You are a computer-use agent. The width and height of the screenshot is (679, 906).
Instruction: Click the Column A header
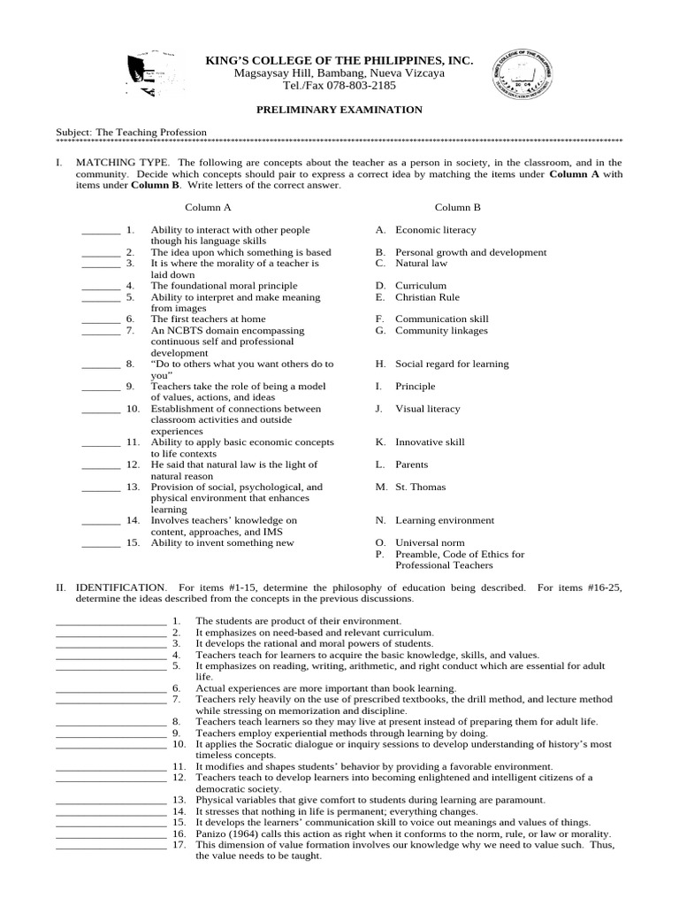[208, 207]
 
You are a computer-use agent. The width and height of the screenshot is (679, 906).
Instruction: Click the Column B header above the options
[457, 207]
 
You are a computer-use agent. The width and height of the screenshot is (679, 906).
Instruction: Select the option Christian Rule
[427, 297]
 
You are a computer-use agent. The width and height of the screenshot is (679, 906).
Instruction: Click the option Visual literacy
[427, 409]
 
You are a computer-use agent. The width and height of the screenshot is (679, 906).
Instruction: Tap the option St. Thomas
[420, 487]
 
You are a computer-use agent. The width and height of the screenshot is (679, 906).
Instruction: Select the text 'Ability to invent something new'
[222, 543]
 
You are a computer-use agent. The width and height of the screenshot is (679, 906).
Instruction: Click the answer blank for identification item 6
[110, 688]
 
